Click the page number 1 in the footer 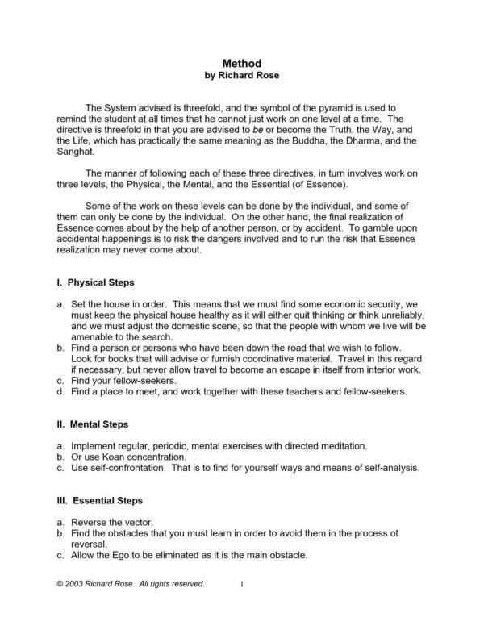click(x=241, y=582)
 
